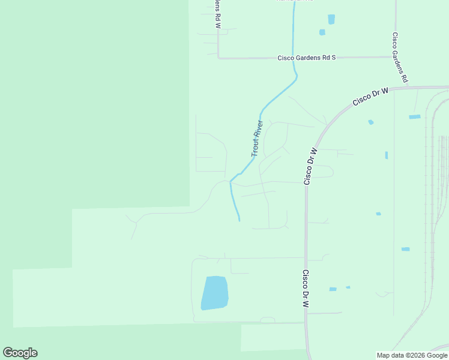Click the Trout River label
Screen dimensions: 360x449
point(257,139)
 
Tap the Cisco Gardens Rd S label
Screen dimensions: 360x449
point(306,58)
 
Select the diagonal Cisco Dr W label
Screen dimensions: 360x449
point(370,97)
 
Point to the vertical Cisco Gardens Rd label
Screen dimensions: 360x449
point(400,58)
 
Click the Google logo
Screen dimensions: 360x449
point(20,353)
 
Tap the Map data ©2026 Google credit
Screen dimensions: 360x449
point(412,355)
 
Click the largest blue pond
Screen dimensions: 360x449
point(214,293)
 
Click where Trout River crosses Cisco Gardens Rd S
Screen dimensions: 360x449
point(293,58)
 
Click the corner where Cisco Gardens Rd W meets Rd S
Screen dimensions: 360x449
point(218,58)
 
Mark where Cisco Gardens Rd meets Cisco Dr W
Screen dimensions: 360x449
point(409,87)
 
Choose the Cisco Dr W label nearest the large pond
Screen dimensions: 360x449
point(306,289)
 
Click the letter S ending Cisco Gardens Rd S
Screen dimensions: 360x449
point(333,58)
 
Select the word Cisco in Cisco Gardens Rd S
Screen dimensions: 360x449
point(285,58)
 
